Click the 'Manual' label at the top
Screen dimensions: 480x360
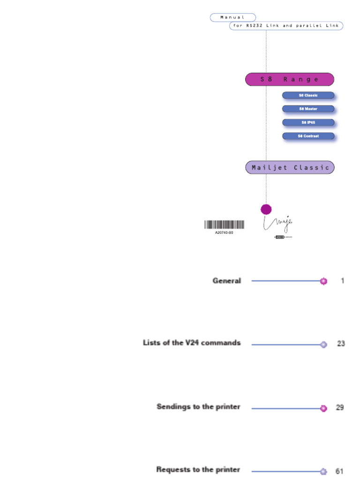click(x=233, y=17)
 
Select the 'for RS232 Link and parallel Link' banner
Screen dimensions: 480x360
click(x=286, y=26)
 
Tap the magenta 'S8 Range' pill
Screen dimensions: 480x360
click(x=289, y=79)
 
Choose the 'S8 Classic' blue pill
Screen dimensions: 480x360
click(x=308, y=95)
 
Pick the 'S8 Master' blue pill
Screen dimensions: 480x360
click(x=308, y=109)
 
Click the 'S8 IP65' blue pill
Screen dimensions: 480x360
click(x=308, y=122)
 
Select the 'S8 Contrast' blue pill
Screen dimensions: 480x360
click(x=308, y=136)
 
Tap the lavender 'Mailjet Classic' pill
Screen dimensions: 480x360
click(x=290, y=167)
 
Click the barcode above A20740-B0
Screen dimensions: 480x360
click(x=224, y=225)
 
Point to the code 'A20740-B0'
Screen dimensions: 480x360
click(x=224, y=232)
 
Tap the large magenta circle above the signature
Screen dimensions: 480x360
click(x=266, y=209)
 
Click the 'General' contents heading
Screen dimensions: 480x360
click(x=227, y=281)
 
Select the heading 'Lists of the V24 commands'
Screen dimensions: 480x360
click(x=192, y=343)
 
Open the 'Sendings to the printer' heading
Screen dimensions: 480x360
click(x=198, y=406)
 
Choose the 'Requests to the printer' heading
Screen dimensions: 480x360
click(x=198, y=469)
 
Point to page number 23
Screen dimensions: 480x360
click(x=341, y=344)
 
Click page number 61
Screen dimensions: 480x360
click(x=340, y=471)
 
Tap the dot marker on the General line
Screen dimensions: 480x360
click(x=323, y=281)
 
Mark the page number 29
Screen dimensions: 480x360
click(x=340, y=407)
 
